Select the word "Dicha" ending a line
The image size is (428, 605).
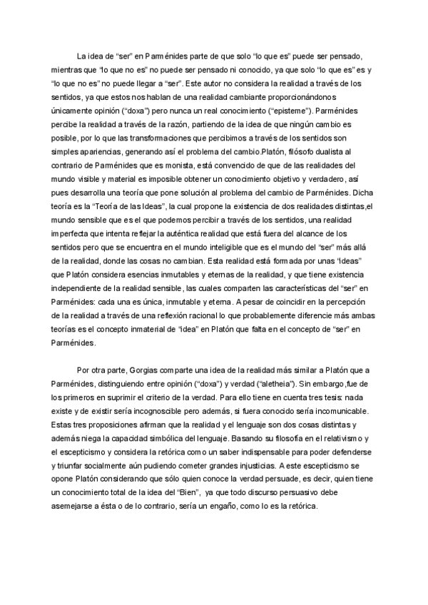click(359, 193)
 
